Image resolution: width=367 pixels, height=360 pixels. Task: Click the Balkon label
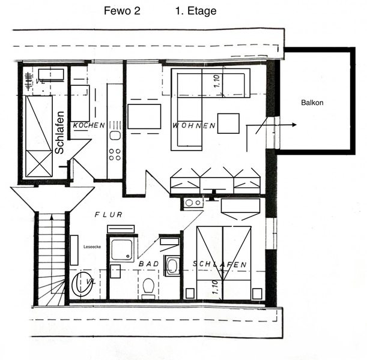coord(312,103)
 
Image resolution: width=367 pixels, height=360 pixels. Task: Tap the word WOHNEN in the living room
coord(194,126)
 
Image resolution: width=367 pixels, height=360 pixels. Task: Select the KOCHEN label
coord(89,125)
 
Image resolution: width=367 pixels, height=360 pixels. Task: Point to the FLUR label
coord(109,215)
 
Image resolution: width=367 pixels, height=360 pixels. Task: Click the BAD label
coord(149,264)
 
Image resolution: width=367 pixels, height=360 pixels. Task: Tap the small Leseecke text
coord(93,247)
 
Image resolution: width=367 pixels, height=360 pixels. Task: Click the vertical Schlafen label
coord(59,133)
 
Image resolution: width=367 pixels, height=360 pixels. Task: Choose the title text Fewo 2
coord(122,11)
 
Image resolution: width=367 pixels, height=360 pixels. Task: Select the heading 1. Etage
coord(196,11)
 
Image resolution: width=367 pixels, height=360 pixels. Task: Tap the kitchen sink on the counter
coord(115,136)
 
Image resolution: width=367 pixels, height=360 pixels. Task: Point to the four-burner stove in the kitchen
coord(115,155)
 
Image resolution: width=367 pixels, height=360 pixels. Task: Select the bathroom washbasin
coord(172,266)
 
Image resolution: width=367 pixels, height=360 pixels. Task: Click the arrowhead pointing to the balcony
coord(294,125)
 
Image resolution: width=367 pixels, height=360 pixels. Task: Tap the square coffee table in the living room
coord(228,124)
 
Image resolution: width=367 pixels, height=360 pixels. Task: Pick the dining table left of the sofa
coord(144,116)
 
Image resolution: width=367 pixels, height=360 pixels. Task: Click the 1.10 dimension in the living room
coord(217,82)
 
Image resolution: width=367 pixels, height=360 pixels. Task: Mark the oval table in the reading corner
coord(82,284)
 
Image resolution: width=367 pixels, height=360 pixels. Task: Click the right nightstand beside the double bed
coord(257,293)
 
